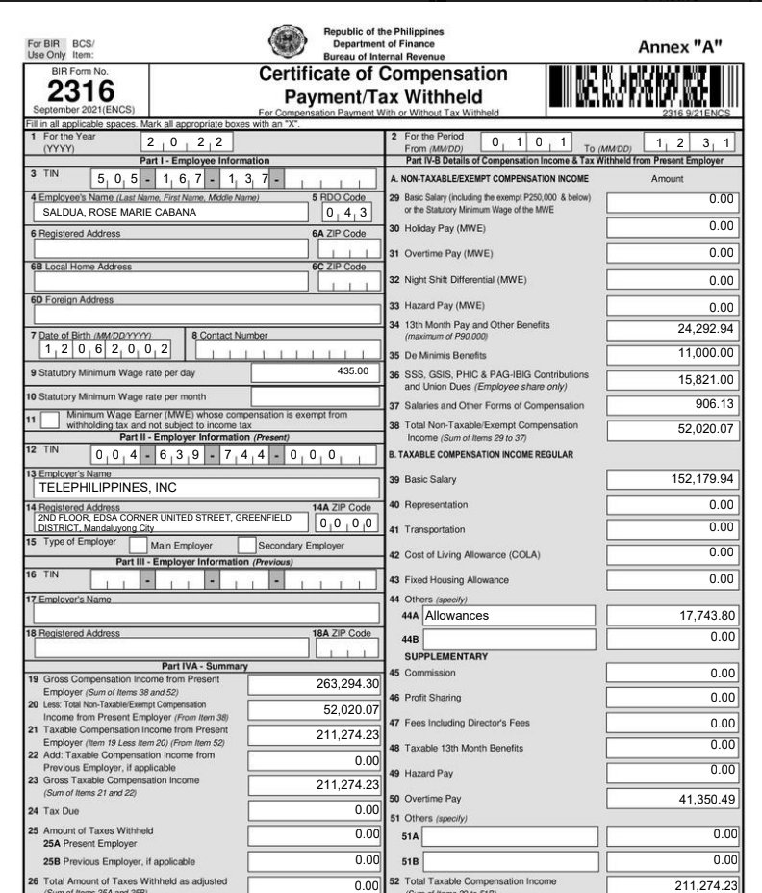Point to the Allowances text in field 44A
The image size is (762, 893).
click(x=457, y=613)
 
